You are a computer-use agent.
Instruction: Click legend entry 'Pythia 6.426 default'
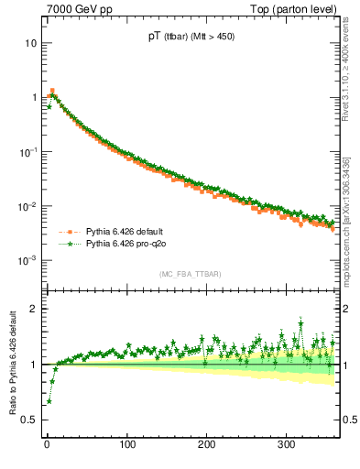tap(119, 232)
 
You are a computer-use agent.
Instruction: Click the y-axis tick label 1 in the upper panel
tap(33, 97)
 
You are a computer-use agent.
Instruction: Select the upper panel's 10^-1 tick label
tap(27, 151)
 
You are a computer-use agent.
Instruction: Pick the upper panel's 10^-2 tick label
tap(27, 206)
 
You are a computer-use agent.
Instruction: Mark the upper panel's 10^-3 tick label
tap(27, 260)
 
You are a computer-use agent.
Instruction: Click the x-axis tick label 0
tap(47, 443)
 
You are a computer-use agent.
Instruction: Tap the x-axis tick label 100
tap(127, 443)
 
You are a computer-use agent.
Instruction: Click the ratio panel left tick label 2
tap(33, 309)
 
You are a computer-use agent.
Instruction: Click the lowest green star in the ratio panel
tap(49, 401)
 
